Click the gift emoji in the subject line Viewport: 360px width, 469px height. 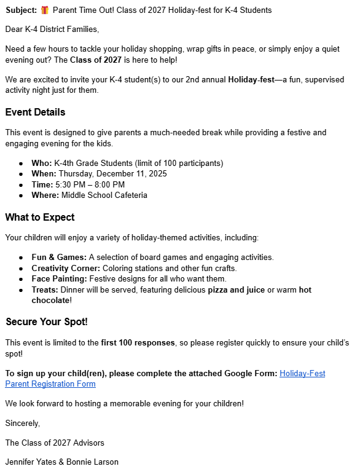coord(45,10)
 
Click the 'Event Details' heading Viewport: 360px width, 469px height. coord(35,112)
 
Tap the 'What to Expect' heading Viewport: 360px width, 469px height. coord(40,218)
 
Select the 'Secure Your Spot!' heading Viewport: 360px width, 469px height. coord(47,322)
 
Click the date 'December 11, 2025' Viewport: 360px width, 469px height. coord(112,174)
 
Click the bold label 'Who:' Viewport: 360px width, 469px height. coord(42,163)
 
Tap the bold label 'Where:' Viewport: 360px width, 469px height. coord(45,195)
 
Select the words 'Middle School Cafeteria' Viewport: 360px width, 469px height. coord(104,195)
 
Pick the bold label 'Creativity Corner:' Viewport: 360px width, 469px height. coord(66,268)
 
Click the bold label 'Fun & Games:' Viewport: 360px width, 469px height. coord(59,258)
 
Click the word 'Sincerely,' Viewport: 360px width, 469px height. coord(22,423)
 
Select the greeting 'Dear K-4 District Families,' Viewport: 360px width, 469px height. coord(52,30)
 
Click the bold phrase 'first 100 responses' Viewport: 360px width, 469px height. coord(138,342)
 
